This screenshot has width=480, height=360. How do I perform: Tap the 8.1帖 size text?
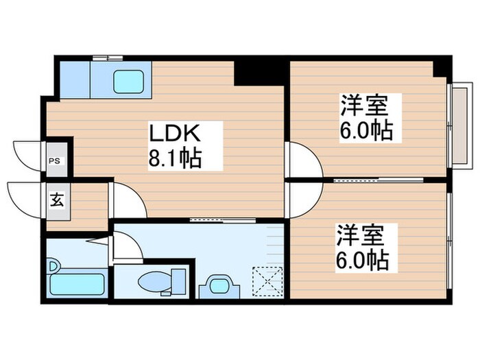pos(176,160)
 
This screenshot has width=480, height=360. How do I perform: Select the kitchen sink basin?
pos(128,82)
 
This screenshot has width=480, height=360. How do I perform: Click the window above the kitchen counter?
pos(108,56)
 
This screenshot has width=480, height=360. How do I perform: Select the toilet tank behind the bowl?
pos(178,280)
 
